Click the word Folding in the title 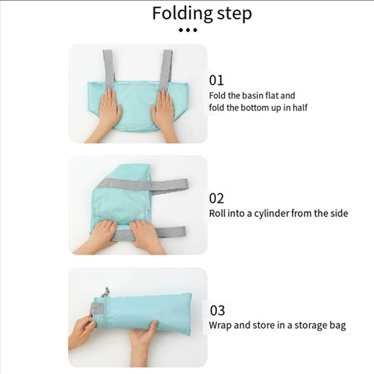(182, 14)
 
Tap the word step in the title (234, 14)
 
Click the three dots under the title (188, 30)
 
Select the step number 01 (216, 80)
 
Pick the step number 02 (216, 198)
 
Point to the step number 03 (217, 311)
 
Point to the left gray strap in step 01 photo (110, 69)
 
